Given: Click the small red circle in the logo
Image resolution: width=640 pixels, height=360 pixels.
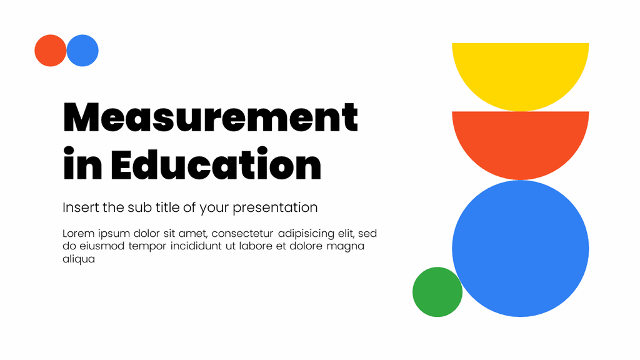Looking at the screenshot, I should coord(50,51).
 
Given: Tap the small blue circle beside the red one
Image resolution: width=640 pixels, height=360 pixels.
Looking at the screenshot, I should coord(82,51).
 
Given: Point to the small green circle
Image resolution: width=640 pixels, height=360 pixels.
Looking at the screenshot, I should coord(437,292).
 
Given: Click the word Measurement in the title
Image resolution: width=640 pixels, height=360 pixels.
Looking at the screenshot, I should coord(211,117).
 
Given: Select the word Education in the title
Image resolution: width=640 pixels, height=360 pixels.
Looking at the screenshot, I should coord(216,165).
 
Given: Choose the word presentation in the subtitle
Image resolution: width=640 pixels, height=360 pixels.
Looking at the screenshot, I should coord(275,207).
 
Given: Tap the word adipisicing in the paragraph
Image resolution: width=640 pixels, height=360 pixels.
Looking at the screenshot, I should coord(306,234).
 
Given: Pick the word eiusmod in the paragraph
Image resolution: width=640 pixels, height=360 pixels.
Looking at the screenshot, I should coord(101,246).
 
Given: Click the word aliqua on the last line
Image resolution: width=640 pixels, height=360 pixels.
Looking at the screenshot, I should coord(79,259).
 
